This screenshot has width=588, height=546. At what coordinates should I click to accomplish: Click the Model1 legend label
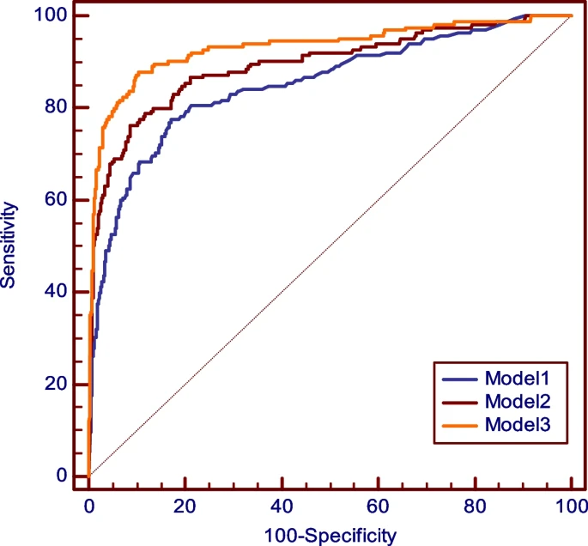point(517,378)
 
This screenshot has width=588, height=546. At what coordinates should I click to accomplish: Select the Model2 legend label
point(518,401)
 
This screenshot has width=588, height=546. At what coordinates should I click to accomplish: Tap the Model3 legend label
point(518,424)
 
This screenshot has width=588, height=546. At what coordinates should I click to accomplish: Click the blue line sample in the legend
point(460,379)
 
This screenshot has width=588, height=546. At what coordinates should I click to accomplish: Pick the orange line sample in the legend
point(460,426)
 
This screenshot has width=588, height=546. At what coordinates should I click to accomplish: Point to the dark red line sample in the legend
point(460,403)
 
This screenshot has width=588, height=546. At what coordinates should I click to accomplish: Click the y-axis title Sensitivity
point(9,245)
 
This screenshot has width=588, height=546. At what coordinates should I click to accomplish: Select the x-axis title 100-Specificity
point(330,537)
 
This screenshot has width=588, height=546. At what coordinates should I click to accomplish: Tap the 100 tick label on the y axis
point(51,15)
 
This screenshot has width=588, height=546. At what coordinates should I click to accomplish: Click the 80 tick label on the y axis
point(56,106)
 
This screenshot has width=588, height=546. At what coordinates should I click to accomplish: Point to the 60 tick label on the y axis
point(56,199)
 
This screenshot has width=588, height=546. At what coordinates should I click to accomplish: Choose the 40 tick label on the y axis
point(56,291)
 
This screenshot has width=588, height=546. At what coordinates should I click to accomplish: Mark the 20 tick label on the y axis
point(56,383)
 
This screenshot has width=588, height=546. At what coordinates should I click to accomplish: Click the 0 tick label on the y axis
point(62,475)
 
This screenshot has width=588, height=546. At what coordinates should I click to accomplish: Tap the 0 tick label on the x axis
point(89,507)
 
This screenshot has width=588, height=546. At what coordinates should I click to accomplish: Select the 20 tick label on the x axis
point(185,507)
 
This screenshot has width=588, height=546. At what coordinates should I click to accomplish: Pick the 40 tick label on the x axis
point(282,507)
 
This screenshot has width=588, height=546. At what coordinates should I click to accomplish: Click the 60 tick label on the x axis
point(378,507)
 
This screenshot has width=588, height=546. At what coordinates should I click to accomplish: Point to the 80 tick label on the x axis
point(475,507)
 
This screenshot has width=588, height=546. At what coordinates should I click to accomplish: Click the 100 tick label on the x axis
point(572,507)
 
